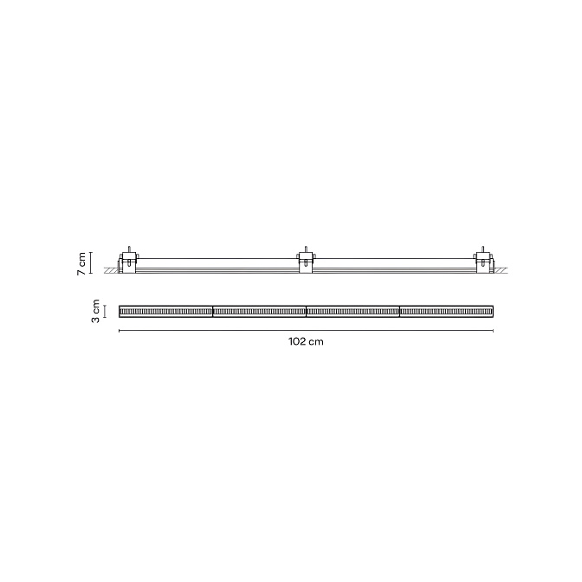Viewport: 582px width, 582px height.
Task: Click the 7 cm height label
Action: [x=81, y=263]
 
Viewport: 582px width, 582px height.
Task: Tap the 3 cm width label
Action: [x=96, y=311]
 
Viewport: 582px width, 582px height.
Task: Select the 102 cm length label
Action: [x=306, y=341]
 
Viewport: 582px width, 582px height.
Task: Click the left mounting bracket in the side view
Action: [x=129, y=262]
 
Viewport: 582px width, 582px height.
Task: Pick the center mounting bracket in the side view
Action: [x=306, y=262]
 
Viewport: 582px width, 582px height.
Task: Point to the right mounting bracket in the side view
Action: [x=482, y=262]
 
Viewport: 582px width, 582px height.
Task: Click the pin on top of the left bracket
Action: [x=129, y=249]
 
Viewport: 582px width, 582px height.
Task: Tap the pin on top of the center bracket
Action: [x=306, y=249]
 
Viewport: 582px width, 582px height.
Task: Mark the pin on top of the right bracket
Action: [x=482, y=249]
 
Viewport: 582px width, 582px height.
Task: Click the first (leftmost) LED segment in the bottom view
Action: [x=166, y=312]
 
